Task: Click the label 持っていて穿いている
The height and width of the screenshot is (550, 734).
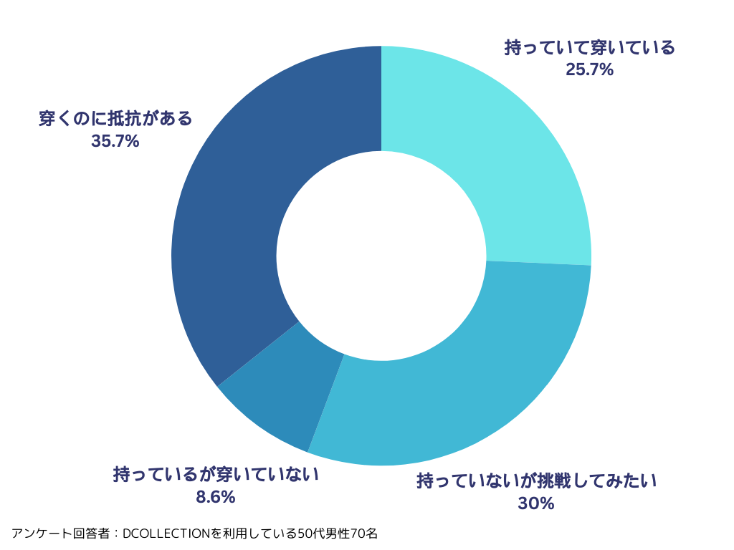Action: [589, 49]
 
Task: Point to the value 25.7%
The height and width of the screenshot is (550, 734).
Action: [589, 70]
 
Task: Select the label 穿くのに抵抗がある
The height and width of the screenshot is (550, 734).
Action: [115, 119]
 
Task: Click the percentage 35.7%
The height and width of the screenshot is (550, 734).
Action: [115, 141]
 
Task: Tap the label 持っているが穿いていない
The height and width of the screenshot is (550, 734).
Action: [215, 475]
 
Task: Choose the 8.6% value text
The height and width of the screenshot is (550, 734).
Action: [215, 497]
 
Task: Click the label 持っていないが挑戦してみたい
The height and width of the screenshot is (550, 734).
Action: [536, 481]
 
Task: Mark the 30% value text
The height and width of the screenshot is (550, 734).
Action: [536, 503]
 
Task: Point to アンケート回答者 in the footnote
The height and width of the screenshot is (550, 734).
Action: [60, 534]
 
